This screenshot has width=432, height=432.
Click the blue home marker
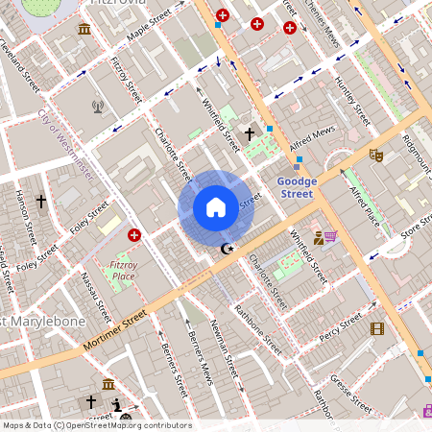click(216, 207)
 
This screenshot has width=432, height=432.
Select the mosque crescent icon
click(228, 249)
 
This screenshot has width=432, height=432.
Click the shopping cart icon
click(330, 236)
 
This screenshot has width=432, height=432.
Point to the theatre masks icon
click(376, 154)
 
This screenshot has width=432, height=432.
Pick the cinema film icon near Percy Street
click(376, 329)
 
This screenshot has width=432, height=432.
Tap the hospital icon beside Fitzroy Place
click(134, 234)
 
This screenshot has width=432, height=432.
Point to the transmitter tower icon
click(97, 107)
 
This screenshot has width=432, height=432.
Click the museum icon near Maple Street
click(84, 29)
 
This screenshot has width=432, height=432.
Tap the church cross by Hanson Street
click(40, 202)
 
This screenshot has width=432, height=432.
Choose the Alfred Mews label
click(312, 132)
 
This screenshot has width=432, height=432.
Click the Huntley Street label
click(352, 101)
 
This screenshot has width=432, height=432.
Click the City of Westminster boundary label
click(65, 145)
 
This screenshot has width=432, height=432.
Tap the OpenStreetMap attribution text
click(96, 425)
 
